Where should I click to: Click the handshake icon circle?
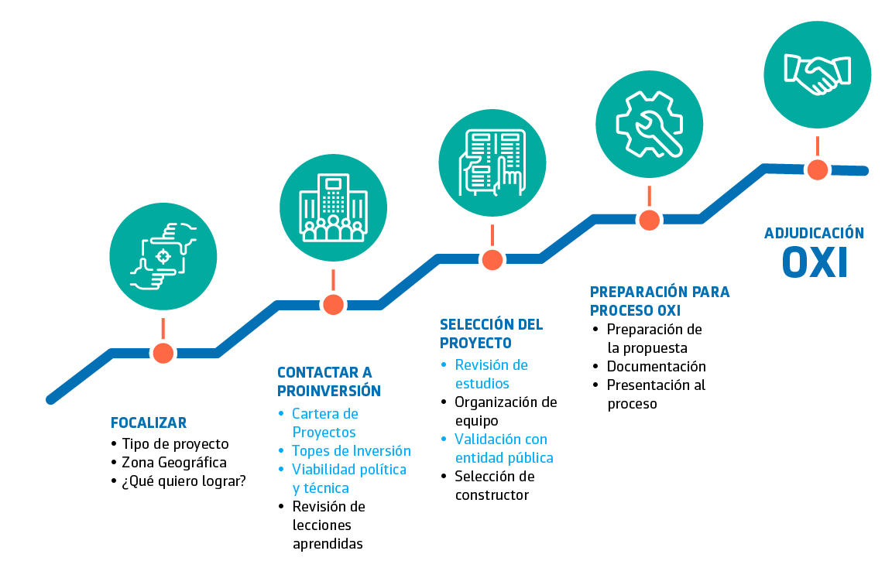click(817, 74)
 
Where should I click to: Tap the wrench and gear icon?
click(649, 124)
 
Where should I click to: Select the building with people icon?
click(333, 208)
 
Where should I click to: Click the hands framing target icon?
click(163, 256)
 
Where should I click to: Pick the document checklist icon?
click(492, 162)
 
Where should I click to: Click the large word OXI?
click(815, 262)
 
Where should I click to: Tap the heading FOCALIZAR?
click(149, 423)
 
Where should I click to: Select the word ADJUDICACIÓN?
click(814, 233)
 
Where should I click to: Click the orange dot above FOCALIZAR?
click(163, 353)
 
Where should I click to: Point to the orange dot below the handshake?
click(817, 169)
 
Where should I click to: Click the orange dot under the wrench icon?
click(649, 220)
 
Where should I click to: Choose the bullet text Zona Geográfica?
click(174, 463)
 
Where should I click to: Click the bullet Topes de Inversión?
click(351, 451)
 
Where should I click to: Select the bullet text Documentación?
click(656, 367)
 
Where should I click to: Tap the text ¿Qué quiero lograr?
click(184, 481)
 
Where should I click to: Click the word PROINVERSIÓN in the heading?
click(329, 391)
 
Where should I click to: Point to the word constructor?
click(492, 495)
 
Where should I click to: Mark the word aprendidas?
click(328, 544)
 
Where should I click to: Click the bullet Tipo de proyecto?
click(175, 444)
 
